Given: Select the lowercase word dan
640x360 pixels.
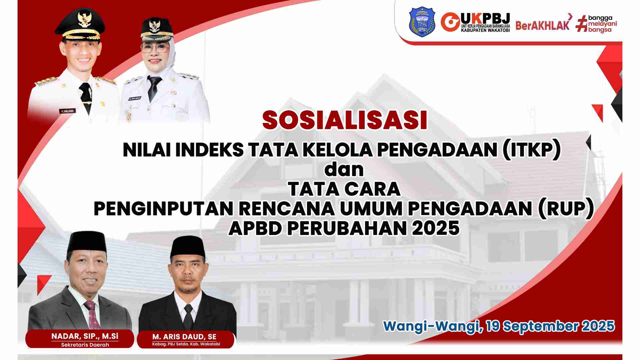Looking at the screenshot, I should pyautogui.click(x=344, y=169).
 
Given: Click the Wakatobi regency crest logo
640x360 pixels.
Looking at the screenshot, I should pyautogui.click(x=422, y=23).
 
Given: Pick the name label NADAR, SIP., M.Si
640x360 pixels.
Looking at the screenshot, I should pyautogui.click(x=85, y=336).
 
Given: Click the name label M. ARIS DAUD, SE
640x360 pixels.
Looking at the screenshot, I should pyautogui.click(x=184, y=337).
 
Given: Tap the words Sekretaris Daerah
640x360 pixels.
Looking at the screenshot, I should pyautogui.click(x=85, y=345).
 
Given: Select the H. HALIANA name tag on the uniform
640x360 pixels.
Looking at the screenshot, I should pyautogui.click(x=68, y=111).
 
